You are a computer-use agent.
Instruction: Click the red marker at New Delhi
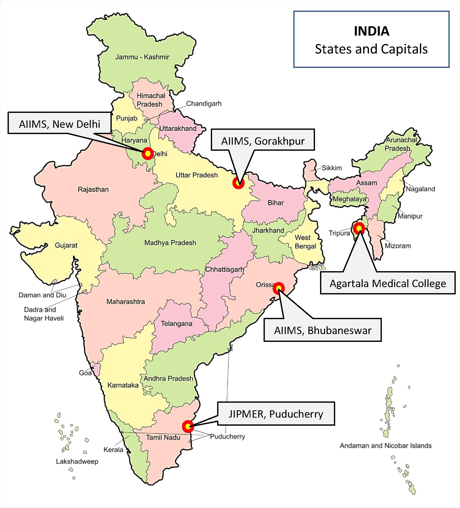click(148, 154)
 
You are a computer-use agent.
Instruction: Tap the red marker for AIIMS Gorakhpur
click(238, 183)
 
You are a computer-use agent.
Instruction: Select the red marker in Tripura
click(359, 228)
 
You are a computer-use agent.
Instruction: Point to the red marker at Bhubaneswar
click(278, 288)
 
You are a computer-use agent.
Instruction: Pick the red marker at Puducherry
click(188, 426)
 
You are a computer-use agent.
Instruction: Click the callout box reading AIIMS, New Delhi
click(60, 124)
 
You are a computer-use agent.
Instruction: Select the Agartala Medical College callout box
click(388, 283)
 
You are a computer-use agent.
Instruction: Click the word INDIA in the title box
click(371, 31)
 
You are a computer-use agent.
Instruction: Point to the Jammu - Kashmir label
click(142, 57)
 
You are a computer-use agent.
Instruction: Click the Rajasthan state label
click(93, 189)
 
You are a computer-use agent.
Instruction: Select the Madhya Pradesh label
click(170, 243)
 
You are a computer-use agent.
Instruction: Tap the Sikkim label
click(332, 168)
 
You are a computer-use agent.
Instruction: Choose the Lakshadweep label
click(77, 462)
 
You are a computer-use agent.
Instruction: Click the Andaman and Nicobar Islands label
click(386, 446)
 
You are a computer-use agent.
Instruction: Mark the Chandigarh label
click(204, 104)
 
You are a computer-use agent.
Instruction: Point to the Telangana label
click(177, 323)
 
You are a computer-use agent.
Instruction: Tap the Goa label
click(85, 373)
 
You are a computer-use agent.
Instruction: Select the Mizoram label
click(398, 246)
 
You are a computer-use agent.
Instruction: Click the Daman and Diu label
click(42, 295)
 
